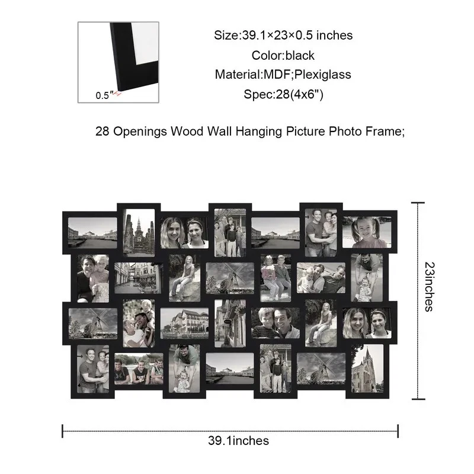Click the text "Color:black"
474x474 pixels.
tap(283, 56)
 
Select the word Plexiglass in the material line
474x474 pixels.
tap(322, 75)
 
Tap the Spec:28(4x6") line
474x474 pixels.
tap(283, 94)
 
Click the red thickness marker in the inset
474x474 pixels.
tap(117, 94)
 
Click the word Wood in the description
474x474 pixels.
tap(187, 131)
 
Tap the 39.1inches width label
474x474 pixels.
tap(238, 441)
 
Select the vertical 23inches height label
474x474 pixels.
tap(429, 287)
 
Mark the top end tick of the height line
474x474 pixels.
tap(418, 203)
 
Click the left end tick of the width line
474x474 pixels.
tap(63, 431)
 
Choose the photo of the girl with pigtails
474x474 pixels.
tap(367, 232)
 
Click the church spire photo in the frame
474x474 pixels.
tap(367, 368)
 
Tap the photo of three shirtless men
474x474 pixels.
tap(139, 369)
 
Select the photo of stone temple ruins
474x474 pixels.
tap(139, 232)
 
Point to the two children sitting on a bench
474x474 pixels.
tap(276, 278)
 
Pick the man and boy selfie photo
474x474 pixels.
tap(276, 323)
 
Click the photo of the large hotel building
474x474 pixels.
tap(184, 323)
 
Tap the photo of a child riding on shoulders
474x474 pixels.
tap(139, 323)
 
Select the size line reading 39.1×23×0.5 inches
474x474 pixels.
tap(283, 36)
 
